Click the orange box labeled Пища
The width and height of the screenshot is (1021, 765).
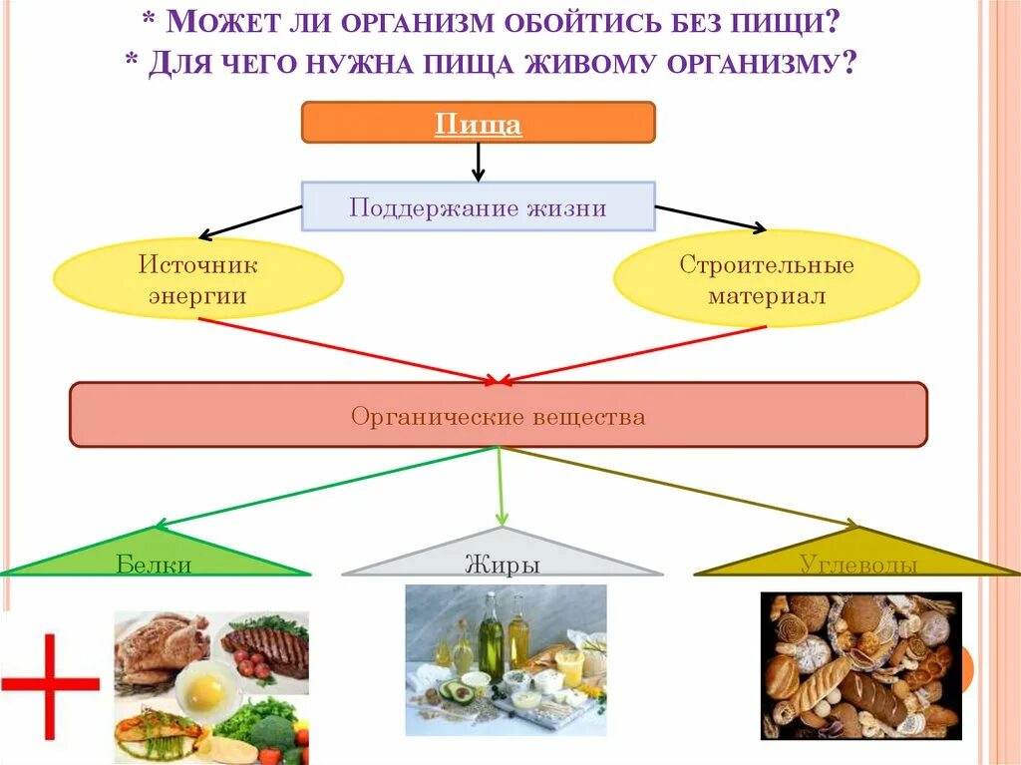click(478, 123)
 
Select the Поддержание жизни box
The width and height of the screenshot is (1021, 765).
click(478, 206)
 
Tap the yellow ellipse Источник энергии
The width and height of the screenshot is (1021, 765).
click(197, 279)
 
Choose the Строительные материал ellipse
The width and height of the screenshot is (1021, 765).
click(766, 280)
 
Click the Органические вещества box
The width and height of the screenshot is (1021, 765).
click(498, 415)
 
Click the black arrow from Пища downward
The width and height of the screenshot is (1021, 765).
click(478, 162)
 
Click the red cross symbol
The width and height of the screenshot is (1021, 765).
click(50, 683)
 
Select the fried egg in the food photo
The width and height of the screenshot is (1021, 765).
click(207, 688)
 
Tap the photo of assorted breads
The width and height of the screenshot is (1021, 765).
click(860, 665)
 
